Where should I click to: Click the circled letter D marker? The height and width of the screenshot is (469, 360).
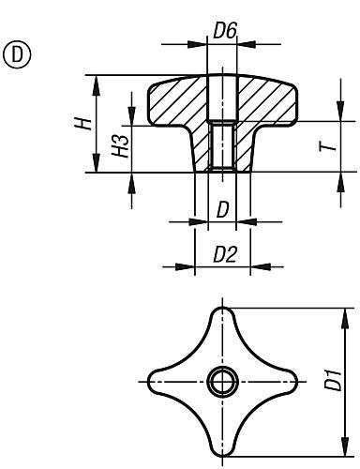(x=17, y=54)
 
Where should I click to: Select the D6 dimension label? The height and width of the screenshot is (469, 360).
(x=224, y=31)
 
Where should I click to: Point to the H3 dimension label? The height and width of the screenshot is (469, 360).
(x=121, y=146)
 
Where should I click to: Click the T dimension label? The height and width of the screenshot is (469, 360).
(x=327, y=146)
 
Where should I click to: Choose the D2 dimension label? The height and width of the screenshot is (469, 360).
(x=225, y=254)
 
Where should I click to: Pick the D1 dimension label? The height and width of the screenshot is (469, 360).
(x=333, y=380)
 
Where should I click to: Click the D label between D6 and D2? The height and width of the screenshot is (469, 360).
(x=223, y=210)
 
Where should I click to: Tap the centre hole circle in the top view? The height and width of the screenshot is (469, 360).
(x=222, y=382)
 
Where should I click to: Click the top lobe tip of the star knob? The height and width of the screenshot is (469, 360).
(x=222, y=309)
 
